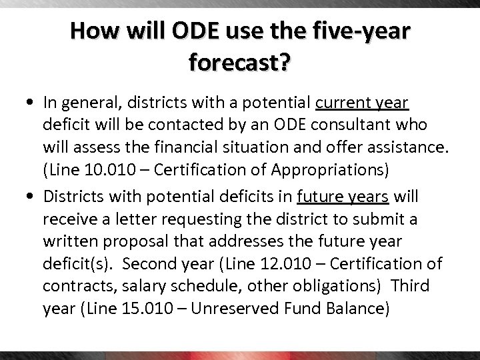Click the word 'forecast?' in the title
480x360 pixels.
click(x=240, y=63)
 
